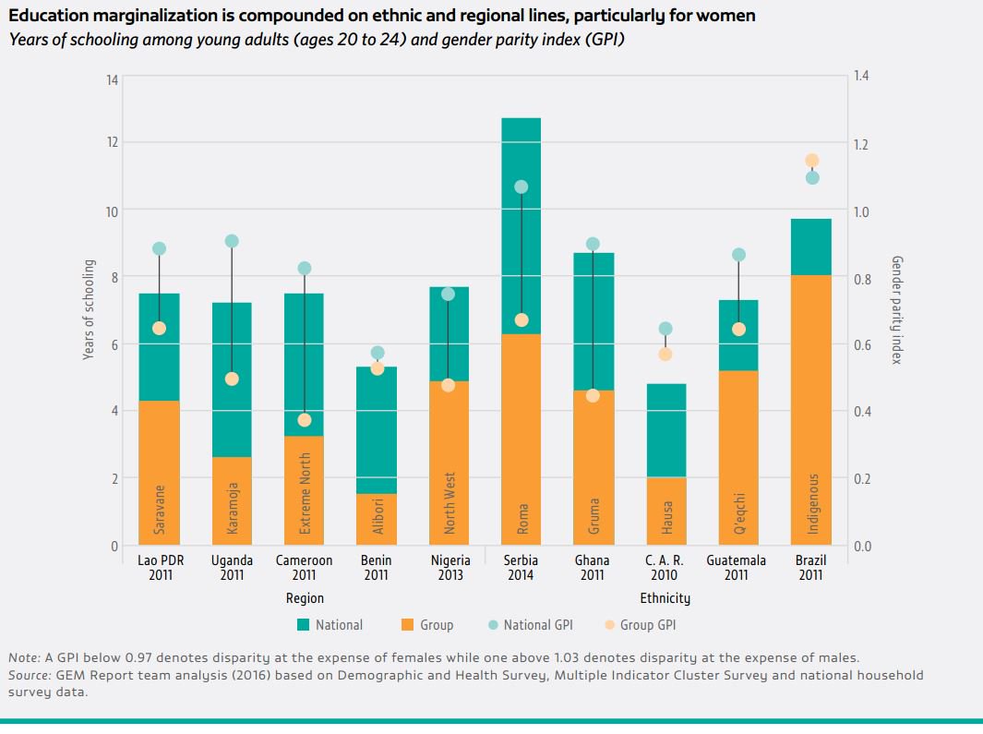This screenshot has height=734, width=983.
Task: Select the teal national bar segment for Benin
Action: [x=377, y=429]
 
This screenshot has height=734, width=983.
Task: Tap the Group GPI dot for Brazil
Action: [x=812, y=161]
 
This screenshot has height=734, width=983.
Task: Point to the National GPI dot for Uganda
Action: [x=232, y=241]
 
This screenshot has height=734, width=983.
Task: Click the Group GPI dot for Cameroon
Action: [x=305, y=420]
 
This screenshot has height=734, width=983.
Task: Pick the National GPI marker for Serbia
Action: [x=521, y=187]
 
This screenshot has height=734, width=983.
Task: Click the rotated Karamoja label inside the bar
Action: [x=232, y=509]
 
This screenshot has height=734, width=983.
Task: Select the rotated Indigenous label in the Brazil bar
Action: [x=812, y=504]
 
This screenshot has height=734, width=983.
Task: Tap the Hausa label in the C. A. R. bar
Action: [x=665, y=515]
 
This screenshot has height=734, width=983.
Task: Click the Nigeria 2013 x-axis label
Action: [x=450, y=568]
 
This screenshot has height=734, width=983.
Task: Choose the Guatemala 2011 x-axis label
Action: [x=737, y=568]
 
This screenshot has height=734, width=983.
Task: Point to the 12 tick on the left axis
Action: [x=112, y=142]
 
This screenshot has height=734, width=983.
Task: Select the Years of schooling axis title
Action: [x=89, y=311]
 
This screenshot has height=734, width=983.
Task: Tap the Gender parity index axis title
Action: [x=895, y=311]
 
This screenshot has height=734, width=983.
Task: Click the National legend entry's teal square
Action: [x=303, y=625]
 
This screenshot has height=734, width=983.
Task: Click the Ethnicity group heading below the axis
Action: [x=665, y=598]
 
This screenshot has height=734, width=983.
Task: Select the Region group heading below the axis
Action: [x=305, y=598]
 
